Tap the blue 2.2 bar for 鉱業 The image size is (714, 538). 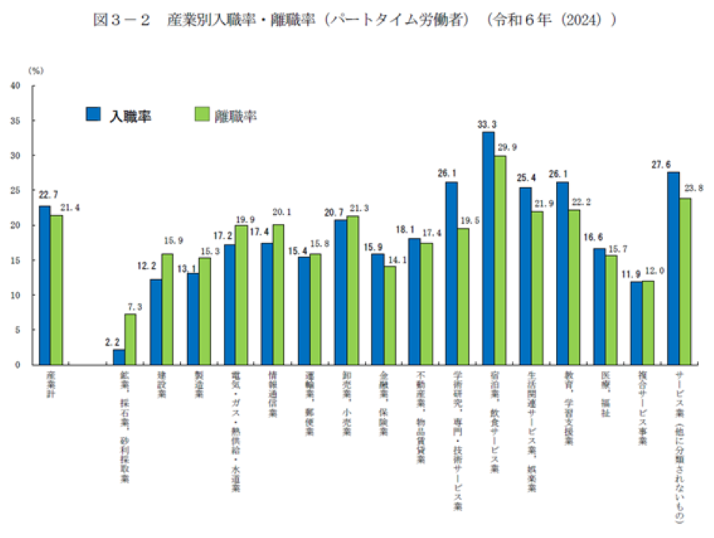click(119, 356)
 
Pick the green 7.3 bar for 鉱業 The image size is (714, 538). click(130, 339)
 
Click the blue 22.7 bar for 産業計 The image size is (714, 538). click(45, 285)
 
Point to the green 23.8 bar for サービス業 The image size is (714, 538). click(685, 281)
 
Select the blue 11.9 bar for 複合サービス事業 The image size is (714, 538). click(635, 322)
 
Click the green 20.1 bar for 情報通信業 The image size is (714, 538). click(278, 294)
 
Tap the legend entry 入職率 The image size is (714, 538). click(119, 115)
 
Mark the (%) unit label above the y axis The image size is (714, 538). click(36, 71)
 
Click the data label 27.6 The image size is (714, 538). click(673, 163)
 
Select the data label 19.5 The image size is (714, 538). click(463, 221)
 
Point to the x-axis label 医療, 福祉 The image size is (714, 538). click(605, 394)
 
